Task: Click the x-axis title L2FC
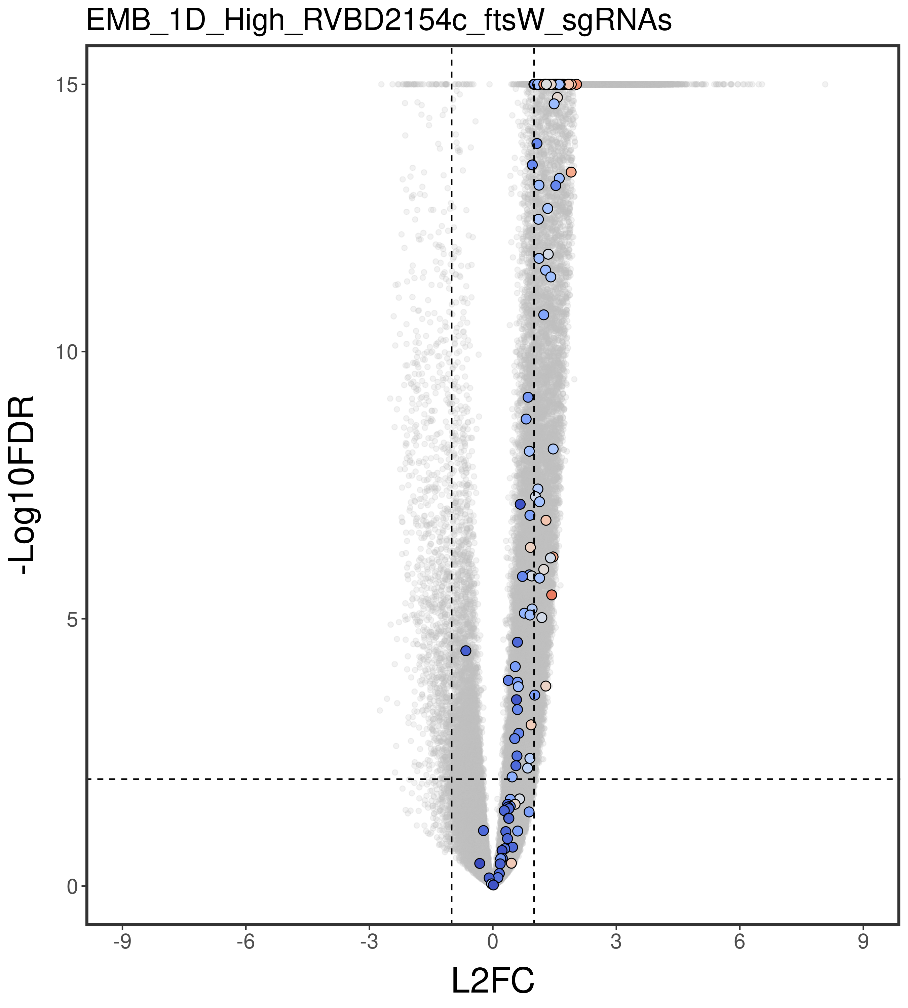(x=493, y=980)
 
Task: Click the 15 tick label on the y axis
(x=65, y=84)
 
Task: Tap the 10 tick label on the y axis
(x=65, y=352)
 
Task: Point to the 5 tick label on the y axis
(x=71, y=619)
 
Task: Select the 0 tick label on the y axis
(x=71, y=886)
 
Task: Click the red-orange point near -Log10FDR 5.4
(x=551, y=595)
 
